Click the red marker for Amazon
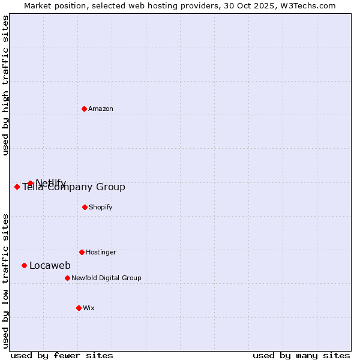pyautogui.click(x=84, y=109)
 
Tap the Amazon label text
pyautogui.click(x=101, y=109)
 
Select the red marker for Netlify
pyautogui.click(x=30, y=183)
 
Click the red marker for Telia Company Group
pyautogui.click(x=17, y=187)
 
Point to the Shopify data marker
pyautogui.click(x=85, y=207)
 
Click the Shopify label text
pyautogui.click(x=101, y=208)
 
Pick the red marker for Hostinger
pyautogui.click(x=82, y=252)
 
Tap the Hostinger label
pyautogui.click(x=101, y=253)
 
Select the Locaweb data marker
pyautogui.click(x=24, y=265)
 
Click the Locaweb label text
pyautogui.click(x=50, y=266)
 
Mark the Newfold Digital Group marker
pyautogui.click(x=67, y=278)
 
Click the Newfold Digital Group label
pyautogui.click(x=106, y=278)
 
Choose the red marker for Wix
pyautogui.click(x=79, y=308)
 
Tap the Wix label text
pyautogui.click(x=89, y=308)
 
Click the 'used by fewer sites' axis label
pyautogui.click(x=62, y=355)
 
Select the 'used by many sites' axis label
pyautogui.click(x=301, y=355)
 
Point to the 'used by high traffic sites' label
pyautogui.click(x=6, y=85)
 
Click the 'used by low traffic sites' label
pyautogui.click(x=6, y=280)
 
